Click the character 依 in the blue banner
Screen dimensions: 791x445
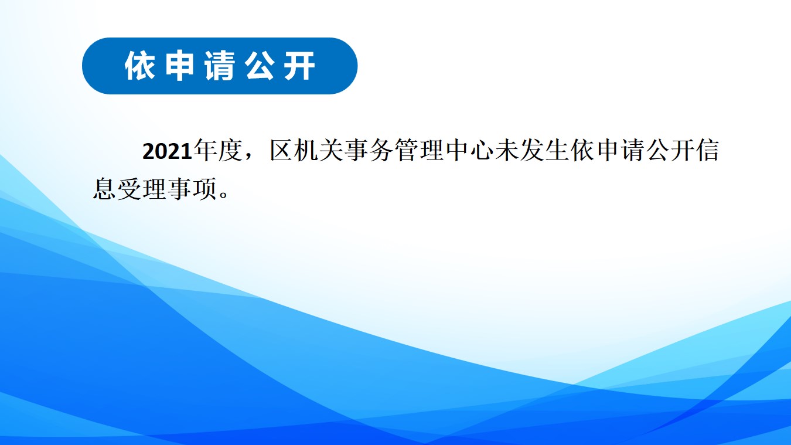tap(139, 66)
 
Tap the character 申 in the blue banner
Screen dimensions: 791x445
tap(180, 66)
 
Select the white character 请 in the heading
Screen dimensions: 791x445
tap(220, 66)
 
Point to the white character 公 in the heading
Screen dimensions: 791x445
tap(260, 66)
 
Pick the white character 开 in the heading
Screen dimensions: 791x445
tap(300, 66)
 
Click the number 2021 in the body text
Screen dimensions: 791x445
tap(167, 151)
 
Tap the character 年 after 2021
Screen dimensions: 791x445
tap(205, 151)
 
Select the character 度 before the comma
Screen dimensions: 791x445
tap(230, 151)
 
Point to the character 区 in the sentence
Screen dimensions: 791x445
tap(282, 151)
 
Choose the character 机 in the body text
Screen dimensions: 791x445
tap(306, 151)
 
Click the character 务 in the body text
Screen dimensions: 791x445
tap(382, 151)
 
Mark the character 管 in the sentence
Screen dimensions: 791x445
tap(407, 151)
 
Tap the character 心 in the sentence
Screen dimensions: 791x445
tap(482, 151)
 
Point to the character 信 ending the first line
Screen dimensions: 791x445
tap(708, 151)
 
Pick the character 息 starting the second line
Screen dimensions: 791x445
tap(104, 189)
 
